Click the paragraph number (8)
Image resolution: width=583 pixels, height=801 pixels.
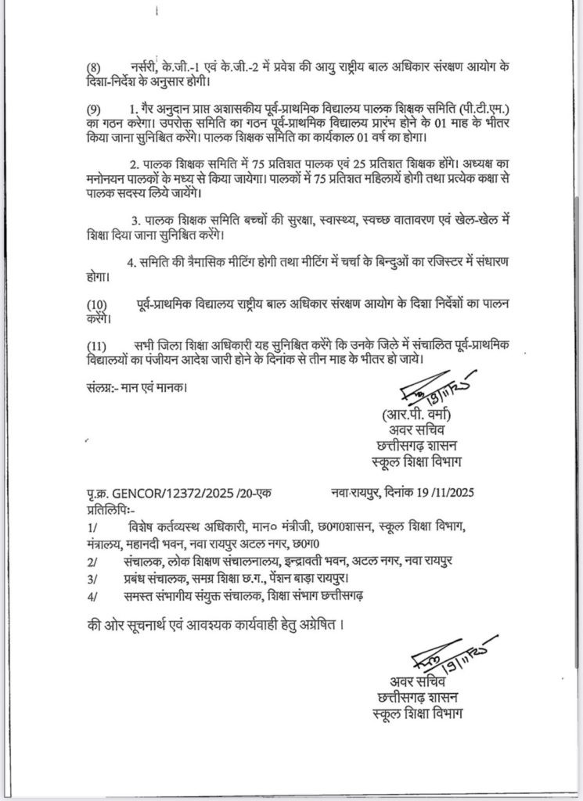[94, 68]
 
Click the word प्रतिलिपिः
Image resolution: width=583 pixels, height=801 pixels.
[109, 508]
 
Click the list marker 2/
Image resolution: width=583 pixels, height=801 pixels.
[93, 562]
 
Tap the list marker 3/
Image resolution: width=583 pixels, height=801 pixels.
[93, 579]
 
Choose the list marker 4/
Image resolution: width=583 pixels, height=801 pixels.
[93, 597]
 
